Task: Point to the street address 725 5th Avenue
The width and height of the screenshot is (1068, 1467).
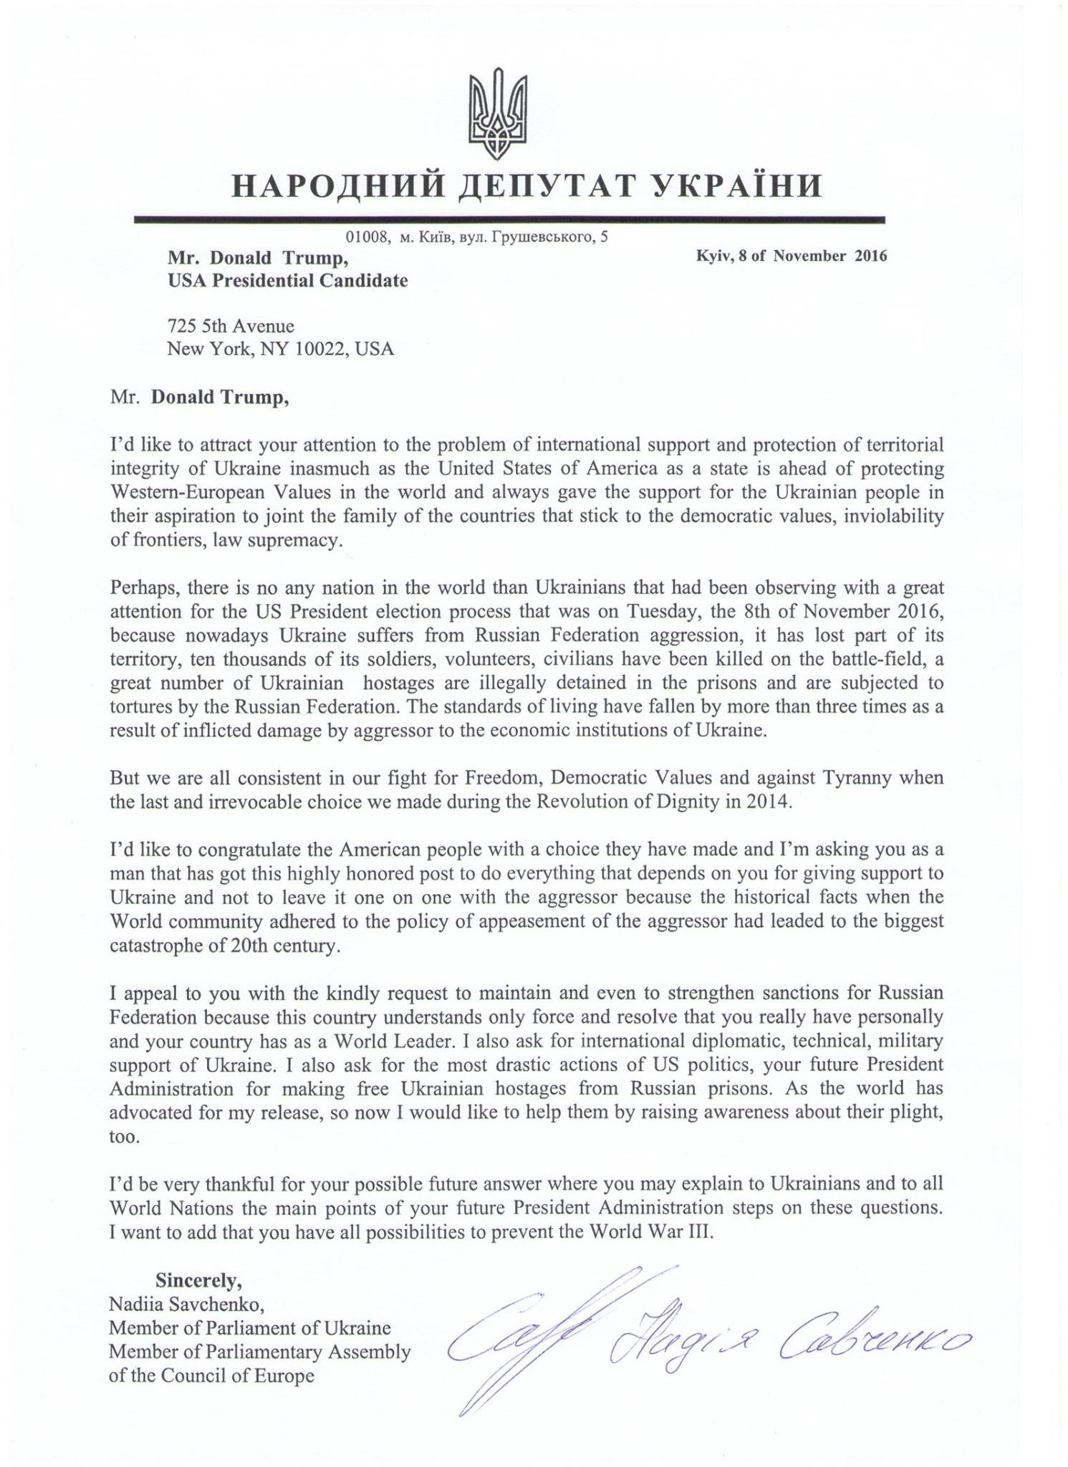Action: pos(231,326)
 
